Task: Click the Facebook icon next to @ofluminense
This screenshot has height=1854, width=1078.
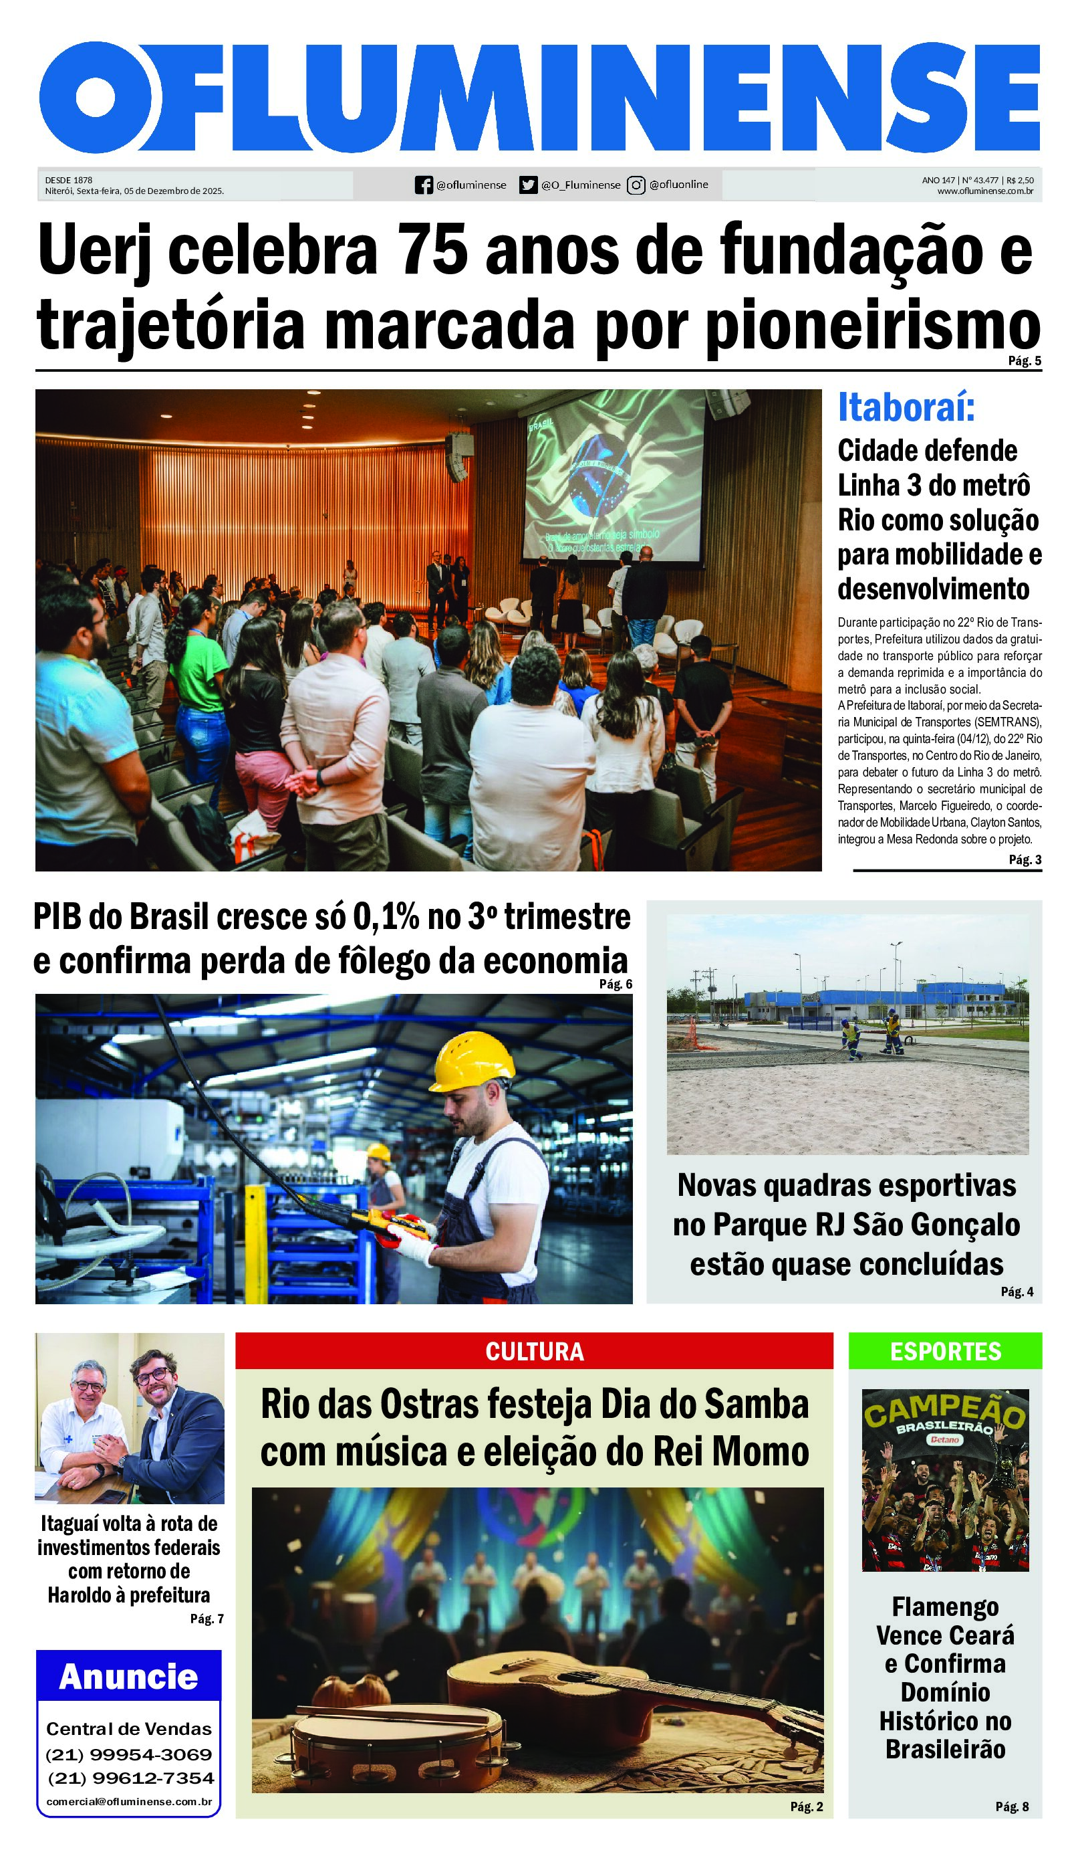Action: click(424, 185)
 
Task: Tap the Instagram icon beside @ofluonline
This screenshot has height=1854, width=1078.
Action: click(636, 185)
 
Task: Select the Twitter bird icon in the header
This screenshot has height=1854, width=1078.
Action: click(528, 185)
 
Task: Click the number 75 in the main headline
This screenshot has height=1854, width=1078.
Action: click(432, 250)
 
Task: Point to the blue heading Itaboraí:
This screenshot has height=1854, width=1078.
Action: click(906, 407)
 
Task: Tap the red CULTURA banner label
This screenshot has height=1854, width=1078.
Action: click(535, 1352)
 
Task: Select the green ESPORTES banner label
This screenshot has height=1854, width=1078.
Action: click(946, 1352)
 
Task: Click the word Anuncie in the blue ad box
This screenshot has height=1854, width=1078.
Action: click(129, 1677)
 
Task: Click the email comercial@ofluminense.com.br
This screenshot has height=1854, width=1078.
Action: click(129, 1802)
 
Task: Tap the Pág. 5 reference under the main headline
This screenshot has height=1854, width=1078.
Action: click(1025, 360)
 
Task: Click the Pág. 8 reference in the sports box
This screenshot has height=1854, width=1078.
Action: click(1012, 1806)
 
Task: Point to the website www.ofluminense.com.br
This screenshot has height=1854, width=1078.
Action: click(984, 191)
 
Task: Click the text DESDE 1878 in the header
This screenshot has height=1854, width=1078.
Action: click(68, 179)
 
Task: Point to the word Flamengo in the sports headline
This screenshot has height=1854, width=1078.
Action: click(945, 1607)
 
